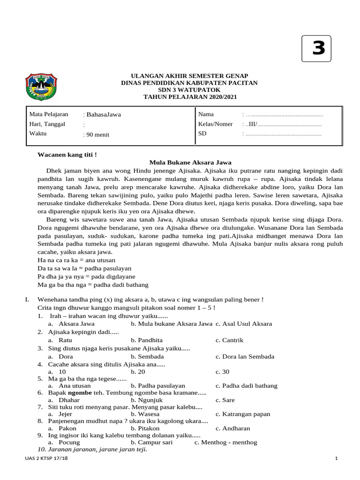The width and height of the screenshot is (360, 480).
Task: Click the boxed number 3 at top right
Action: [318, 49]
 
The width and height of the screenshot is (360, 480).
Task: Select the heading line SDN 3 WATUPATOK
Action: [190, 90]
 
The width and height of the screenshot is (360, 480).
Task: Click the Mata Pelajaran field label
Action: [49, 114]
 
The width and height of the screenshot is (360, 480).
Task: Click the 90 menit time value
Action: [97, 135]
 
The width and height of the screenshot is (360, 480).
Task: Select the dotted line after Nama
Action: [284, 114]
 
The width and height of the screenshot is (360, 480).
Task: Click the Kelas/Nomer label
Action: [216, 124]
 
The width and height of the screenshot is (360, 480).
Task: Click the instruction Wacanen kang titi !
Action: [67, 154]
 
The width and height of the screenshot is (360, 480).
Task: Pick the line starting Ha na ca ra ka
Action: [76, 260]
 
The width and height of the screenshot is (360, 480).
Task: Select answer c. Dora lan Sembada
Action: [245, 356]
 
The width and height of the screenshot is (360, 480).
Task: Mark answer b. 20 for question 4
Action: [138, 371]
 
